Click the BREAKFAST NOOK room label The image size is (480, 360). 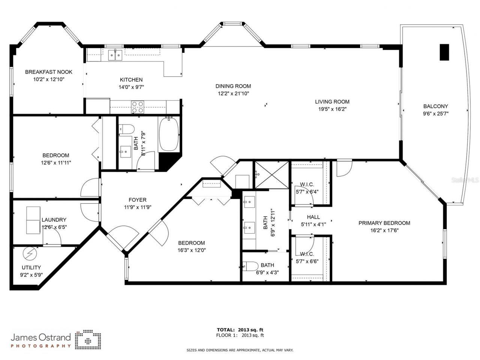(48, 72)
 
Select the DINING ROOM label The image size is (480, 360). (233, 86)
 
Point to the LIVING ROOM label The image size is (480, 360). (332, 102)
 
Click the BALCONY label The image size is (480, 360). (435, 106)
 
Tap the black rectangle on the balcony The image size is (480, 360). (444, 52)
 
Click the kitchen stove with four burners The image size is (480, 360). (138, 107)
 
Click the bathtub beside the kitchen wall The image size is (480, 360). (169, 134)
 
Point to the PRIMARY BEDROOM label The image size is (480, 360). (384, 223)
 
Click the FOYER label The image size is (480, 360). (137, 200)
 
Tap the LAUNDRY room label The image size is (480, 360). (54, 220)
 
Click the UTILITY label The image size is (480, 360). (31, 267)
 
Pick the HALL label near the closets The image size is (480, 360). (313, 217)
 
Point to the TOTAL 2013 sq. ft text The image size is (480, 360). (240, 330)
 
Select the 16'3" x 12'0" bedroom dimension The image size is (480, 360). (192, 250)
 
